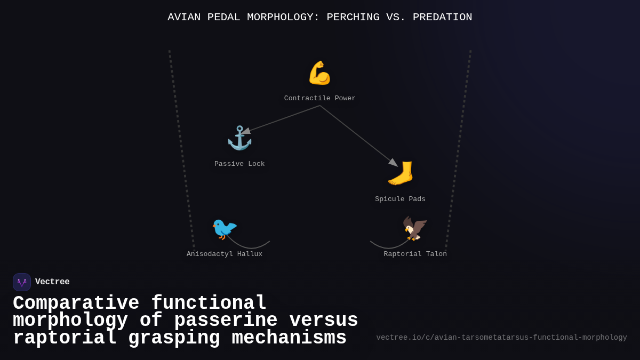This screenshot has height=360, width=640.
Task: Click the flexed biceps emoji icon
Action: pos(319,73)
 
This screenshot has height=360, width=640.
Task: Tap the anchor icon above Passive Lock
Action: pos(239,138)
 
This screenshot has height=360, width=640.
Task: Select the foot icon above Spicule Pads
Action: pos(401,173)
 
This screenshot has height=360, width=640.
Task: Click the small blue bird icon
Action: pos(224,229)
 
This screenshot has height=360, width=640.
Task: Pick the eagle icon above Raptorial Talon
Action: pos(415,229)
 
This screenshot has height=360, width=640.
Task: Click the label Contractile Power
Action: pos(319,99)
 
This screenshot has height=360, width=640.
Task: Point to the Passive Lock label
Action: pos(239,164)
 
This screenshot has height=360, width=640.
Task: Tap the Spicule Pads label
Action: pos(400,199)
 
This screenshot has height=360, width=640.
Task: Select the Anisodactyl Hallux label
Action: pos(225,254)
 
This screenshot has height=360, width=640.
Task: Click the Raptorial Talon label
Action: pos(415,254)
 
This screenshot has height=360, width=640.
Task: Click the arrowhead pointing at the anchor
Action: pos(246,131)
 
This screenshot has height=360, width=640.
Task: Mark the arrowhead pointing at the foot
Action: pos(393,163)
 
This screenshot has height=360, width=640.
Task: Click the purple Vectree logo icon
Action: pos(22,282)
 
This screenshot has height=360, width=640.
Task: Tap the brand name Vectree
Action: pos(52,282)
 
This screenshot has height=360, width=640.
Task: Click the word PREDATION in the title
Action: pos(442,18)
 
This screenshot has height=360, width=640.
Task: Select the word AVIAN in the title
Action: pos(184,18)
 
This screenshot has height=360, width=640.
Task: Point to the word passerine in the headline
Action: pos(226,321)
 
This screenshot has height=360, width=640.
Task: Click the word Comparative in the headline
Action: pos(76,303)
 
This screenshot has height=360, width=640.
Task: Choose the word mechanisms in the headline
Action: pos(289,338)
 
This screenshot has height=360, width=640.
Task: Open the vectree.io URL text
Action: pos(501,338)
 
